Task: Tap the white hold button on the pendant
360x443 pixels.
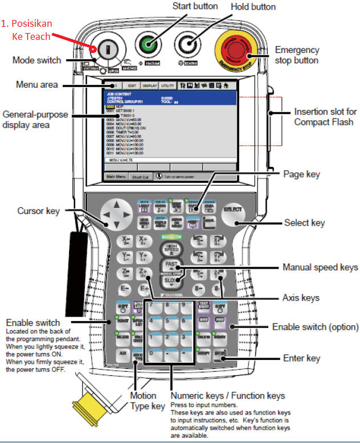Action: coord(187,44)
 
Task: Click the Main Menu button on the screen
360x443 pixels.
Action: coord(116,177)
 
